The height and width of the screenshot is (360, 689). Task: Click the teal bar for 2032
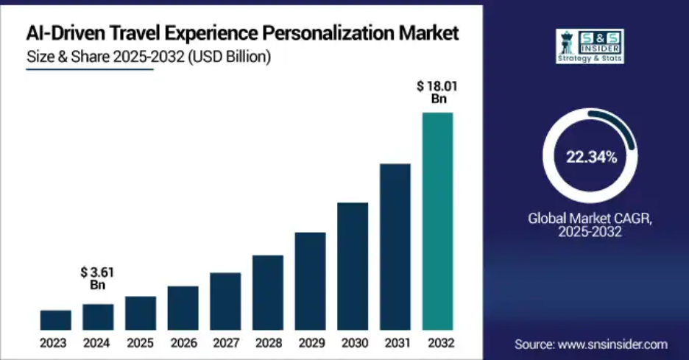click(437, 221)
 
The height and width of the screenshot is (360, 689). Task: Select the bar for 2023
click(56, 320)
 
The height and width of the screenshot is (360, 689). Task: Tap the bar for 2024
click(98, 317)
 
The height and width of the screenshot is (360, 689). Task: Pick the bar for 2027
click(225, 301)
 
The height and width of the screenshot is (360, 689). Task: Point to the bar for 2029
click(310, 280)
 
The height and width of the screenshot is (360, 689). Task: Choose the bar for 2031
click(395, 247)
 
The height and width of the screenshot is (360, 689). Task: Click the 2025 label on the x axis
click(141, 343)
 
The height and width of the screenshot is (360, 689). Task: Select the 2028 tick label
click(268, 343)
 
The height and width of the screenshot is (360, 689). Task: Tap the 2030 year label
click(353, 343)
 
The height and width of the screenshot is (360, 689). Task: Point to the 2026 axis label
click(183, 343)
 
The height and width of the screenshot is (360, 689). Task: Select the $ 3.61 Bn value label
click(99, 278)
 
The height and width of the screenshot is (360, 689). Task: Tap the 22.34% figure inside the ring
click(591, 156)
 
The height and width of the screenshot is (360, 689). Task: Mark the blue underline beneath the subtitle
click(89, 70)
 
